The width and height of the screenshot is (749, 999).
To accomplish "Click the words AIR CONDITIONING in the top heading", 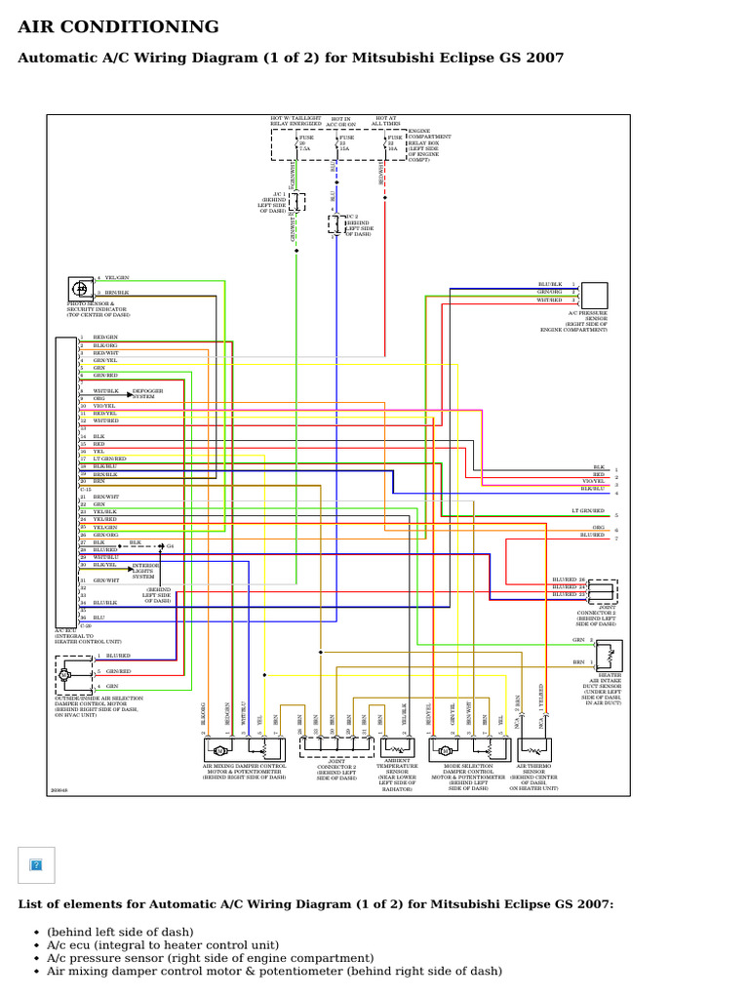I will tap(119, 26).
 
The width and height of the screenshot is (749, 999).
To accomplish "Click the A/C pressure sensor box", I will tap(594, 295).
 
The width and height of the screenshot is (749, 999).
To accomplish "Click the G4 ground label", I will tap(170, 546).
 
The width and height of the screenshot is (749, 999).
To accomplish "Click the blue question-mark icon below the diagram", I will tap(36, 864).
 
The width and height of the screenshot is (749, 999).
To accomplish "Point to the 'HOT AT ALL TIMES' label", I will tap(388, 120).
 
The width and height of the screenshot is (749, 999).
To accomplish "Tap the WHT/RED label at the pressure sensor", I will tap(550, 300).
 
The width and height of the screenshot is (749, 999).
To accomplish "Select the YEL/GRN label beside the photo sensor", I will tap(117, 278).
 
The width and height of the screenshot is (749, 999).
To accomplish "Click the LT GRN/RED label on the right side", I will tap(588, 511).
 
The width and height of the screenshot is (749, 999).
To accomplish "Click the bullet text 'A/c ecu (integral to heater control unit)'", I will tap(162, 944).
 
